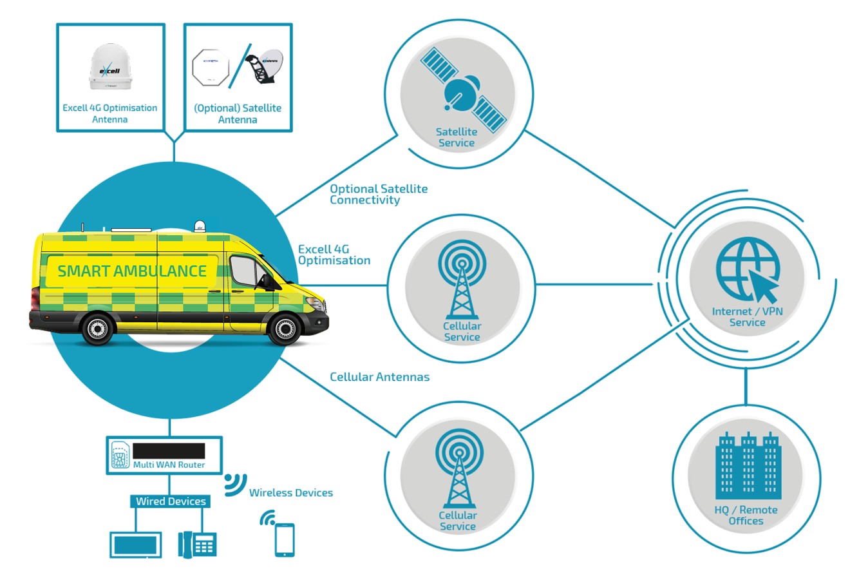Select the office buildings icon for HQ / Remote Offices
click(x=748, y=466)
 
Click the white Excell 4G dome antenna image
click(x=110, y=67)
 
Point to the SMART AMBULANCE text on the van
click(x=132, y=271)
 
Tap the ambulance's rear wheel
click(x=98, y=329)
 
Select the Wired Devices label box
click(x=171, y=501)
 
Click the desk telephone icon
click(x=197, y=544)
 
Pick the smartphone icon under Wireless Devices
click(x=284, y=539)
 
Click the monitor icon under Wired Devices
click(x=135, y=544)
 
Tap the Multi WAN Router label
click(x=169, y=465)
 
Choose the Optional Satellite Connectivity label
click(x=379, y=194)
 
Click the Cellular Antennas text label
click(x=379, y=377)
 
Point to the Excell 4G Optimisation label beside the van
click(x=334, y=255)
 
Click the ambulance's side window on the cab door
click(x=245, y=271)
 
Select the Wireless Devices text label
click(x=291, y=493)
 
